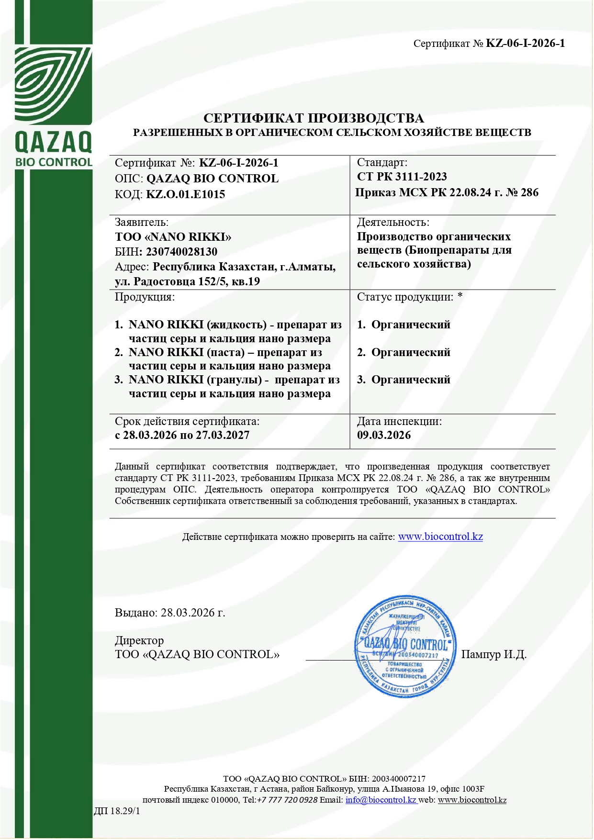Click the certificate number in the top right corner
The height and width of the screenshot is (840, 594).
coord(525,44)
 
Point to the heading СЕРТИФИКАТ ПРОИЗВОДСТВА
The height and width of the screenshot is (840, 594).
coord(314,118)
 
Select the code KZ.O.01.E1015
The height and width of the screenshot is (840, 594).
coord(185,194)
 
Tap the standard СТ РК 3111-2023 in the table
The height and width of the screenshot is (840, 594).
coord(402,177)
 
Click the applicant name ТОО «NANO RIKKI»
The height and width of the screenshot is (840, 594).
coord(173,237)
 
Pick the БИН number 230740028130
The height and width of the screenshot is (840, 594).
coord(181,252)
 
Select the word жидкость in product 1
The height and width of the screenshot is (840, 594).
coord(236,325)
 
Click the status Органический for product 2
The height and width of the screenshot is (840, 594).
coord(411,352)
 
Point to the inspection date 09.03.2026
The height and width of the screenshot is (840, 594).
coord(384,435)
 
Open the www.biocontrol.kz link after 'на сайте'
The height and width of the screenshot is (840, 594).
coord(440,537)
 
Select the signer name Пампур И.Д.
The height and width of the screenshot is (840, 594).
coord(493,654)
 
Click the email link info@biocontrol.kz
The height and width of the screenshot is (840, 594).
coord(381,800)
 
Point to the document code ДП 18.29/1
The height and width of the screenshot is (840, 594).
coord(117,811)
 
